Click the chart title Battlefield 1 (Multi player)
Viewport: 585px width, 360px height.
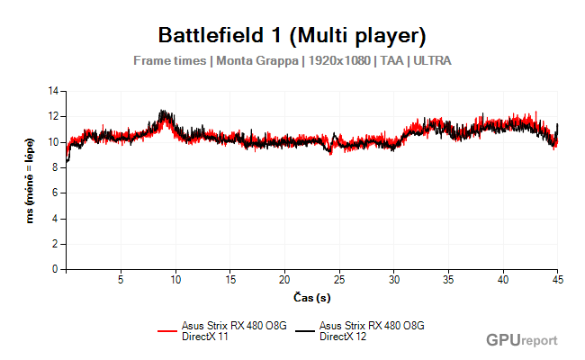coord(292,36)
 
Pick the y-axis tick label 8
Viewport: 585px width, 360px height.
coord(55,167)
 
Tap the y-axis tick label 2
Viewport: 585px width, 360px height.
coord(55,244)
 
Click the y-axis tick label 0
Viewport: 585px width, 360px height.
coord(55,269)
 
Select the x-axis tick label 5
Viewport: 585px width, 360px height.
coord(121,279)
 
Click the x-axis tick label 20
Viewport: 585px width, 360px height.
coord(285,279)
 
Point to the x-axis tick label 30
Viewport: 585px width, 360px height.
coord(394,279)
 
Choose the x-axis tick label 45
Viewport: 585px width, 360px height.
coord(558,279)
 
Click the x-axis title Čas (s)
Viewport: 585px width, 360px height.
coord(311,296)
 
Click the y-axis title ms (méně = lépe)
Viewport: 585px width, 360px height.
coord(31,180)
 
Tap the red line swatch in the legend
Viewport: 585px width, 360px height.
coord(168,330)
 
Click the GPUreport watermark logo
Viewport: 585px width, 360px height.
coord(521,340)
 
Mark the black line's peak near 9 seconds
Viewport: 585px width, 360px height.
coord(163,112)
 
